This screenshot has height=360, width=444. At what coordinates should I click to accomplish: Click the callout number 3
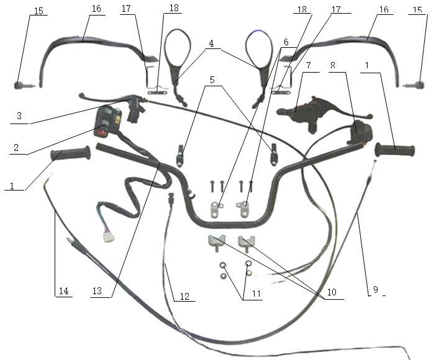pos(19,115)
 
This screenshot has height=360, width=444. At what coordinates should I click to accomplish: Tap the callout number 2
pos(16,147)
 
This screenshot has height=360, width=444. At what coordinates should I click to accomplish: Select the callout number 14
pos(64,291)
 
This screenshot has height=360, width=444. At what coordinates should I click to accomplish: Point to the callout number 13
pos(97,291)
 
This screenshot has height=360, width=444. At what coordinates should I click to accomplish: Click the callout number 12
pos(184,296)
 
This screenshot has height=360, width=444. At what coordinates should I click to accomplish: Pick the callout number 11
pos(256,294)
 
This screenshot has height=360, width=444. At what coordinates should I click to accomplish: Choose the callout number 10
pos(332,292)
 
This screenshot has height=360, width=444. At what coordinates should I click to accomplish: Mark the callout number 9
pos(376,290)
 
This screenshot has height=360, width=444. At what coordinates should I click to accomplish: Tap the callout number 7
pos(309,65)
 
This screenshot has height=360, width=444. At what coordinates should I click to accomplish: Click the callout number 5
pos(212,80)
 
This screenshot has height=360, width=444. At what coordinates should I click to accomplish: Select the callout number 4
pos(211,43)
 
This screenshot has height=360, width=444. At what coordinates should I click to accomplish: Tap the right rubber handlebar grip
pos(395,150)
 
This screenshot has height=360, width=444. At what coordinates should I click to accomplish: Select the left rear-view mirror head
pos(178,48)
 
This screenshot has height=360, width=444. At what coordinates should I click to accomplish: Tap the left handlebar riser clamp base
pos(217,243)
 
